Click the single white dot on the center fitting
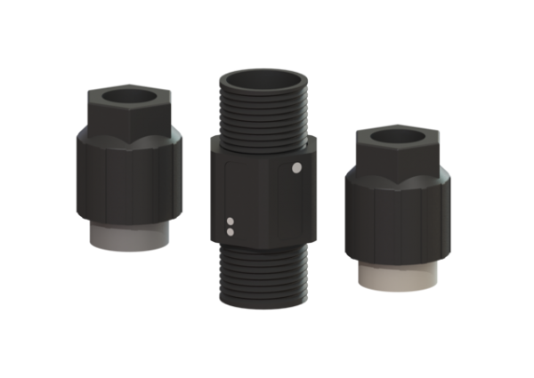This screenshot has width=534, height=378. [x=297, y=166]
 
